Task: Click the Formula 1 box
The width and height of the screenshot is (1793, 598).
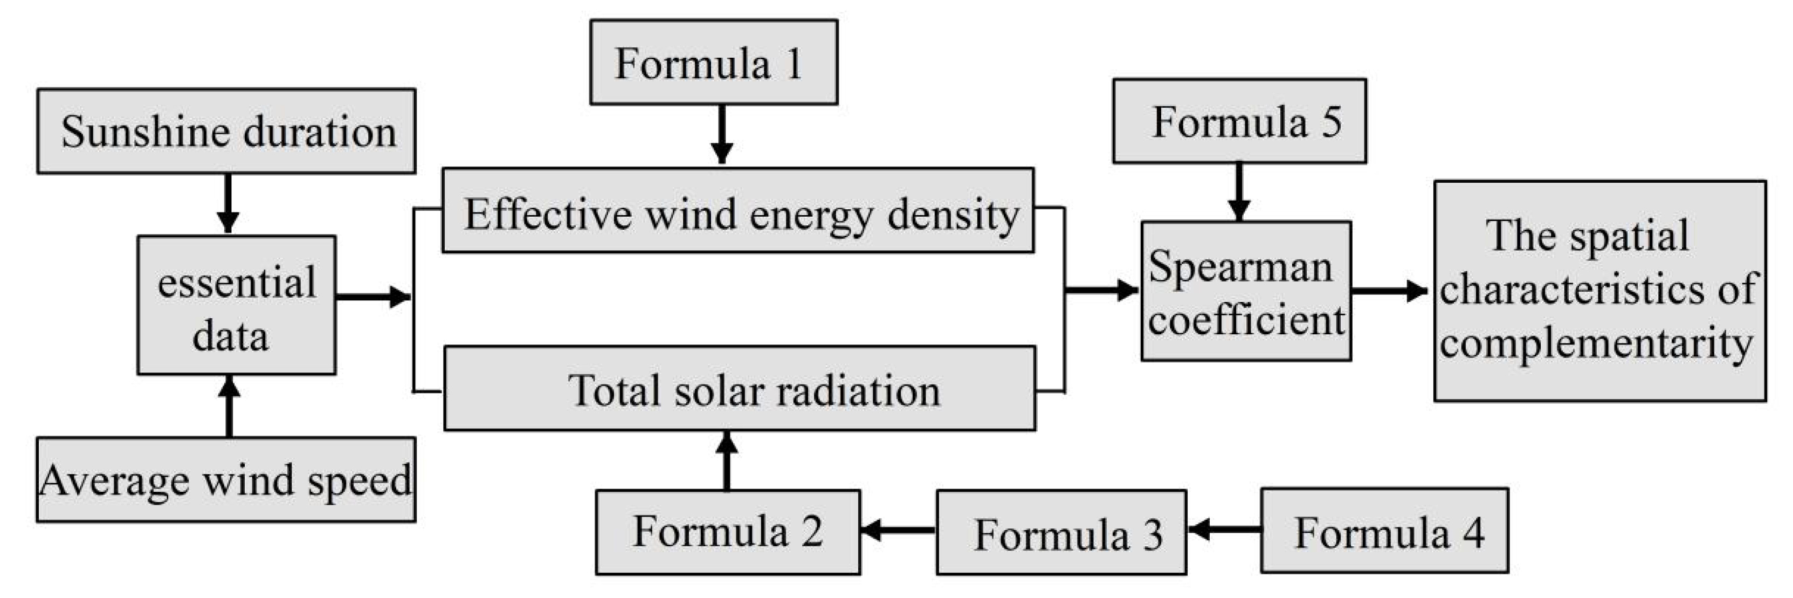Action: click(x=713, y=63)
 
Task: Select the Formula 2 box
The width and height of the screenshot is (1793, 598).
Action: click(x=727, y=533)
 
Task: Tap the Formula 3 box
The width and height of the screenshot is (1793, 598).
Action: click(x=1061, y=533)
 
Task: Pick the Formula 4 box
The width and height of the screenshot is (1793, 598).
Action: click(x=1384, y=531)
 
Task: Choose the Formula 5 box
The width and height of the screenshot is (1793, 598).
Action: click(x=1239, y=122)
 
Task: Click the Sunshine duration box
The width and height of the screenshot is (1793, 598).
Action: click(x=226, y=131)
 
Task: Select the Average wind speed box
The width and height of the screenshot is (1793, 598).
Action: click(x=226, y=480)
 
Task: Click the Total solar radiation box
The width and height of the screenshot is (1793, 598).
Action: click(x=739, y=389)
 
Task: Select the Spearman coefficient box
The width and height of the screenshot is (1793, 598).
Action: click(x=1246, y=292)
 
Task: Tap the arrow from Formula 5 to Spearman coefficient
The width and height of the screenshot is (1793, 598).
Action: click(x=1239, y=192)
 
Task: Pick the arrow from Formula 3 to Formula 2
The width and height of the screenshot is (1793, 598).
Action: click(x=898, y=531)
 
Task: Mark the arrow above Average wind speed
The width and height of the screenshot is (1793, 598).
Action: click(x=229, y=407)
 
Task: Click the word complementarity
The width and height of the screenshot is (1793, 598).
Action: click(x=1596, y=343)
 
